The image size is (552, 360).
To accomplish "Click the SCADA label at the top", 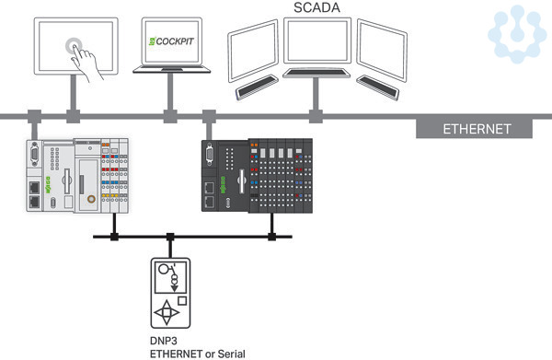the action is click(x=316, y=7).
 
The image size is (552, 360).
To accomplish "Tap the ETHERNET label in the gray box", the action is click(x=477, y=129).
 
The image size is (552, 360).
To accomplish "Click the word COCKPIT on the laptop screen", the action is click(x=175, y=41).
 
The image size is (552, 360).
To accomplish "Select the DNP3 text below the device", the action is click(x=164, y=341).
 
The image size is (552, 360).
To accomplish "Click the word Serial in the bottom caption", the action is click(x=231, y=354).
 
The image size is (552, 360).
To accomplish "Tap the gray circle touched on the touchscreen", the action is click(x=74, y=46).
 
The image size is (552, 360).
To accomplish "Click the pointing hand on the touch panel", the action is click(x=86, y=64).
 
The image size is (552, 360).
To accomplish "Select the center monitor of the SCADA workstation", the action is click(x=317, y=41).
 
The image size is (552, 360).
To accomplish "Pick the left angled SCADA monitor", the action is click(x=253, y=51).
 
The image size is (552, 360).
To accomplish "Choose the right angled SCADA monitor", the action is click(x=382, y=51).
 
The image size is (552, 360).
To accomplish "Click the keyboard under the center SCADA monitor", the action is click(x=316, y=73).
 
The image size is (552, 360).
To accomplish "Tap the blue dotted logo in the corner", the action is click(x=517, y=34).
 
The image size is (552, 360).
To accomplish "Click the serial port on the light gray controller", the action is click(x=35, y=154).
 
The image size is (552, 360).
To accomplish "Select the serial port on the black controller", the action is click(x=209, y=154).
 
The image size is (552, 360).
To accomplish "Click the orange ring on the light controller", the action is click(x=91, y=199).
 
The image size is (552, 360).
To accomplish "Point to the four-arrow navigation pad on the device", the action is click(x=167, y=312).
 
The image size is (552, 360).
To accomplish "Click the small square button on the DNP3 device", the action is click(x=182, y=301).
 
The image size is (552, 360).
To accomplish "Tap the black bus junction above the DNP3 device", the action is click(x=170, y=237).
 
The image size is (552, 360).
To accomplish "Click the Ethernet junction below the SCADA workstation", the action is click(x=316, y=116).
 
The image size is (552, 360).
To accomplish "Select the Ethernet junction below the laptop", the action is click(x=170, y=116).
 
